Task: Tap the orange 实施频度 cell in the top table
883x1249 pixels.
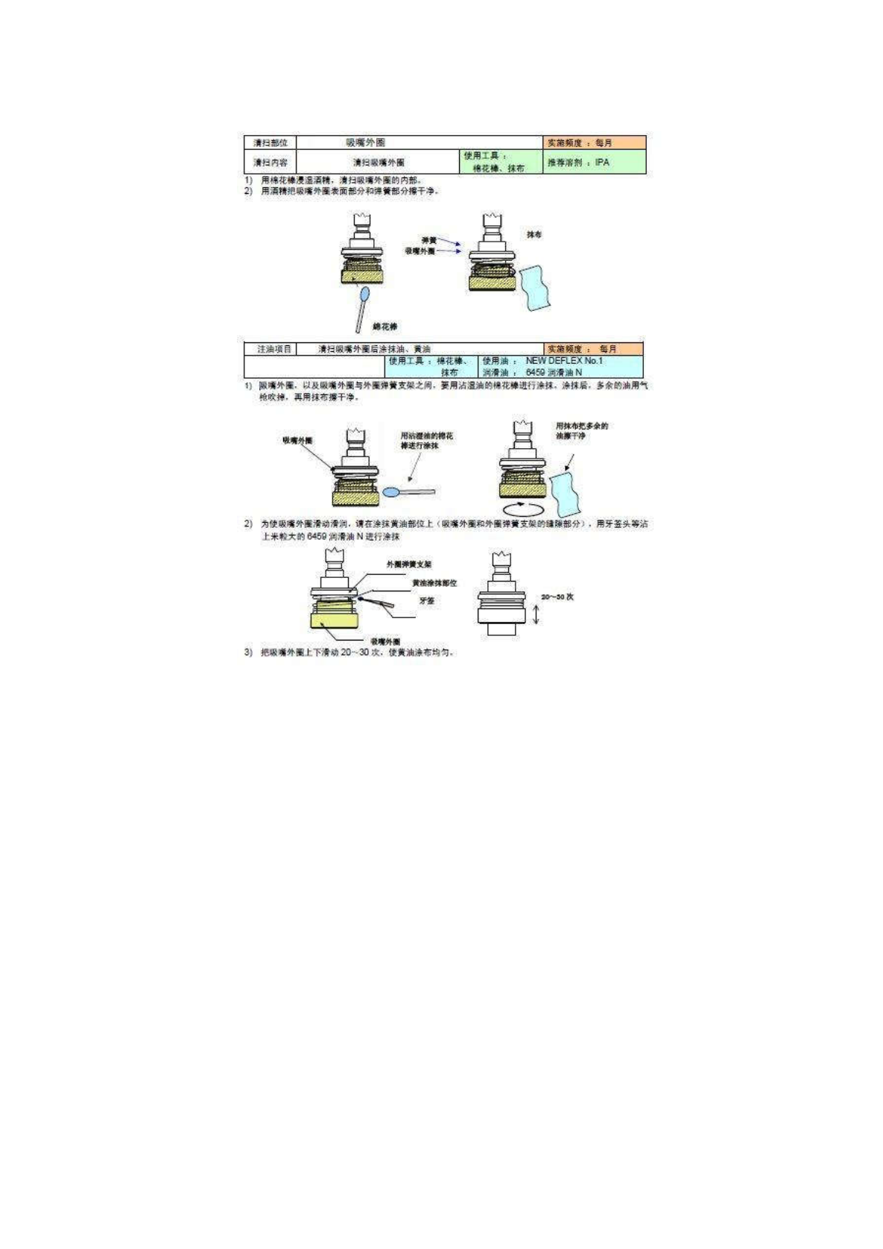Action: tap(594, 142)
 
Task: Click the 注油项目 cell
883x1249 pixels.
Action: tap(270, 349)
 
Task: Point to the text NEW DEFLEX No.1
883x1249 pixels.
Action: tap(563, 361)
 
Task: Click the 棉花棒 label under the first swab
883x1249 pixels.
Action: tap(384, 327)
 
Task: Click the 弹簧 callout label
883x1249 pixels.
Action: tap(428, 240)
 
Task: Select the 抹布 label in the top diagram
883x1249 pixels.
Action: tap(534, 234)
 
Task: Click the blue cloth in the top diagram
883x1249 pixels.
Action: tap(538, 289)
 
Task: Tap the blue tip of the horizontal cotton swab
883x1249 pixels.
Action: tap(392, 492)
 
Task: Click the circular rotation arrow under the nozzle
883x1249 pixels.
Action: tap(521, 507)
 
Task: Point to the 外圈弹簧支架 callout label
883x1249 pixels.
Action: tap(408, 564)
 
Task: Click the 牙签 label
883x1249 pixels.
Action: tap(426, 600)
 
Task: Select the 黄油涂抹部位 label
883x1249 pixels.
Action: tap(434, 582)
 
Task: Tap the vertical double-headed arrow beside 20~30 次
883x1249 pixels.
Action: tap(536, 614)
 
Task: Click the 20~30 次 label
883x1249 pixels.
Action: tap(557, 597)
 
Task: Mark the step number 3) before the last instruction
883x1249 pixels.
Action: tap(248, 652)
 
